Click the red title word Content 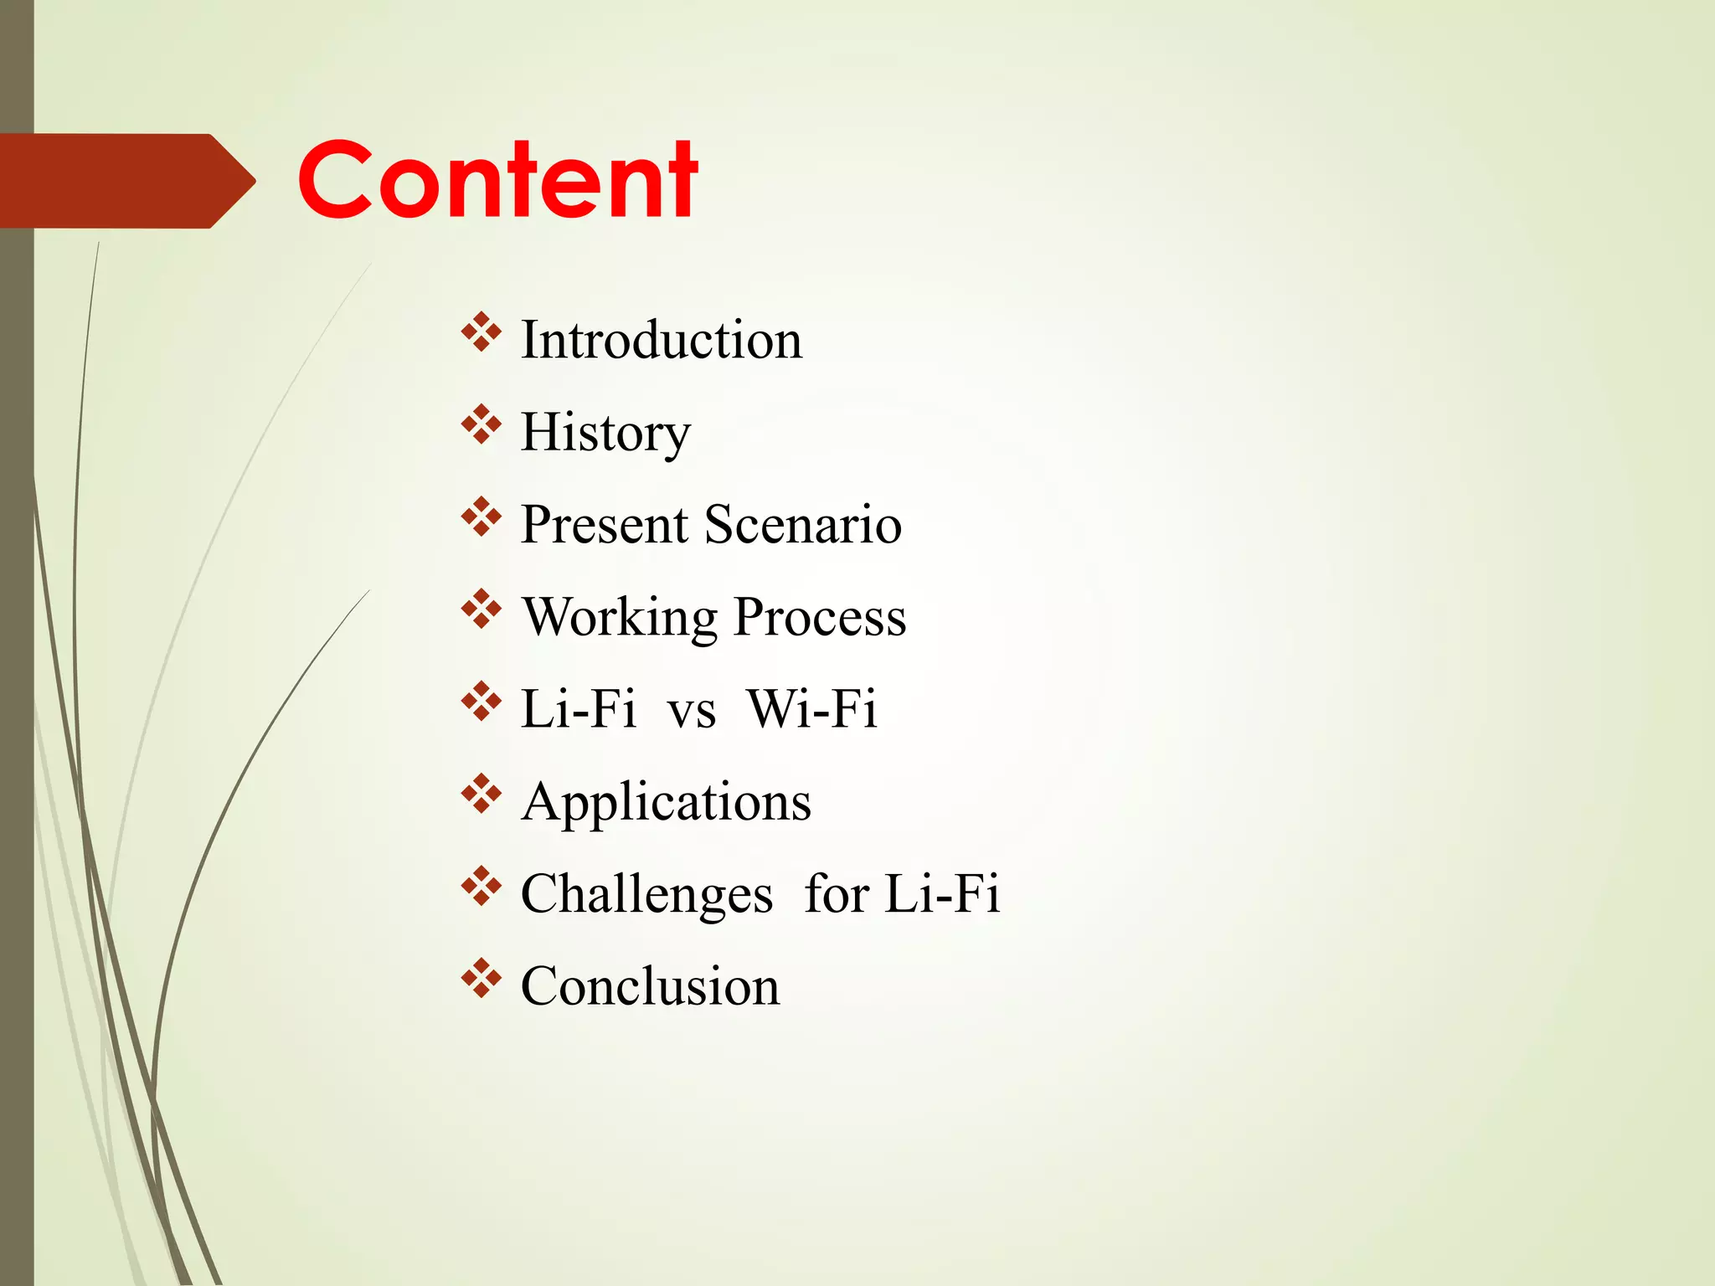(497, 180)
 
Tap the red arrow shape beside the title (126, 181)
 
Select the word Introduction (662, 340)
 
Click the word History (605, 433)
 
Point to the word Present (604, 525)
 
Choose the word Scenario (803, 525)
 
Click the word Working (620, 618)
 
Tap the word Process (820, 618)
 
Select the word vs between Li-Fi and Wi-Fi (691, 710)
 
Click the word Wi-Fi (811, 710)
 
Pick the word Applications (666, 802)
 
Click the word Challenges (646, 894)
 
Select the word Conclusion (650, 986)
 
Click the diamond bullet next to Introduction (481, 332)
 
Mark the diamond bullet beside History (481, 424)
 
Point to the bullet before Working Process (481, 609)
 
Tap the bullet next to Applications (481, 794)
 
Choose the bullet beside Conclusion (481, 978)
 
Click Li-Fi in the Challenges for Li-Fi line (942, 894)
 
